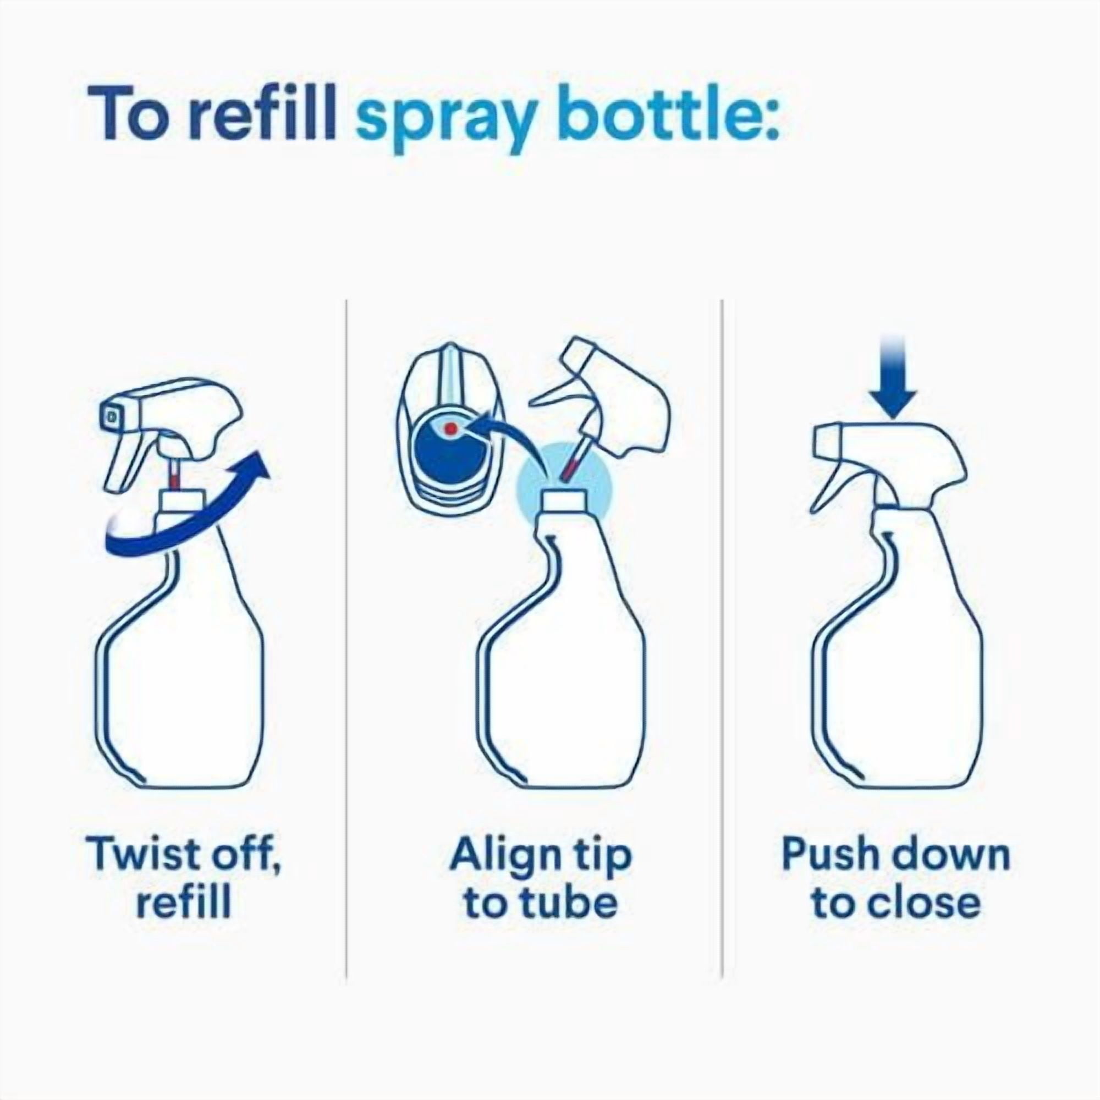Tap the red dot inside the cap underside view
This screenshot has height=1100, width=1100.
[451, 428]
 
